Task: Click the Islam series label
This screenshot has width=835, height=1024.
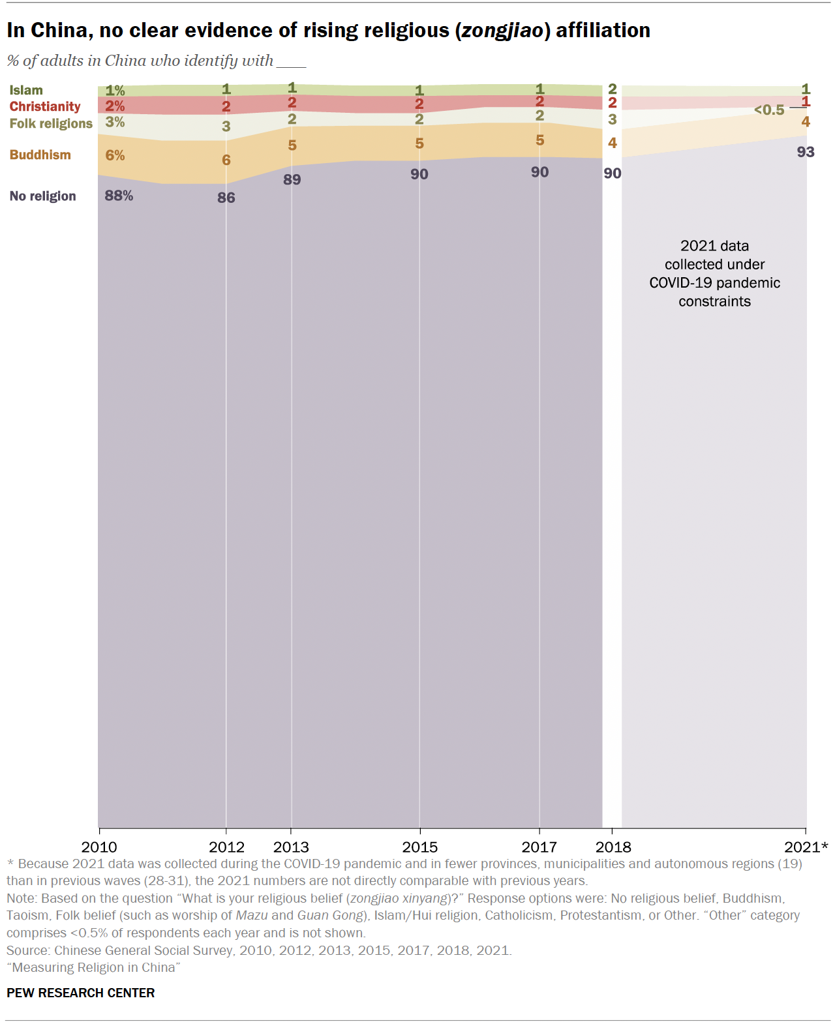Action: pyautogui.click(x=26, y=90)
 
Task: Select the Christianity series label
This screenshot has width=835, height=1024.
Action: pyautogui.click(x=45, y=106)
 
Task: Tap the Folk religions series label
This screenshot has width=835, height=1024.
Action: pyautogui.click(x=51, y=123)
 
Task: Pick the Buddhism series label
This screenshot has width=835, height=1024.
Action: pyautogui.click(x=40, y=155)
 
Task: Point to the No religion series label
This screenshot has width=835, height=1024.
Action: pyautogui.click(x=42, y=196)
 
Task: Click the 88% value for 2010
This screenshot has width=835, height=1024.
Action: pyautogui.click(x=119, y=196)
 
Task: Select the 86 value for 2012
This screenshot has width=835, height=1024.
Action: pyautogui.click(x=226, y=198)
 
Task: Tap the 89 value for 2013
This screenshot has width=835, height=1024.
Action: pyautogui.click(x=292, y=179)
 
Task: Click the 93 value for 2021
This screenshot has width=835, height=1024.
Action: pyautogui.click(x=805, y=152)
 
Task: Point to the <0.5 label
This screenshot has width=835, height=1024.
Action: pyautogui.click(x=769, y=110)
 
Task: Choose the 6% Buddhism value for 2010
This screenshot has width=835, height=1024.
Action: pyautogui.click(x=115, y=155)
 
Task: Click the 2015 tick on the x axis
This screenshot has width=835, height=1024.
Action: pyautogui.click(x=419, y=847)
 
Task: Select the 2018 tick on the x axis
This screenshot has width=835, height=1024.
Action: pyautogui.click(x=613, y=847)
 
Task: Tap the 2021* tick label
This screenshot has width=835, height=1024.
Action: pyautogui.click(x=806, y=847)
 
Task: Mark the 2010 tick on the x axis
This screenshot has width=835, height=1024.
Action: pyautogui.click(x=99, y=847)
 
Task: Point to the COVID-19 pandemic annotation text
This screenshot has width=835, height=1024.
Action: pyautogui.click(x=714, y=273)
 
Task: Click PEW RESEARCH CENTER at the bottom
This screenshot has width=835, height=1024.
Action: pyautogui.click(x=81, y=993)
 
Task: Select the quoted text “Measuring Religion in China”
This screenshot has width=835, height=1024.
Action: pyautogui.click(x=93, y=967)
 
